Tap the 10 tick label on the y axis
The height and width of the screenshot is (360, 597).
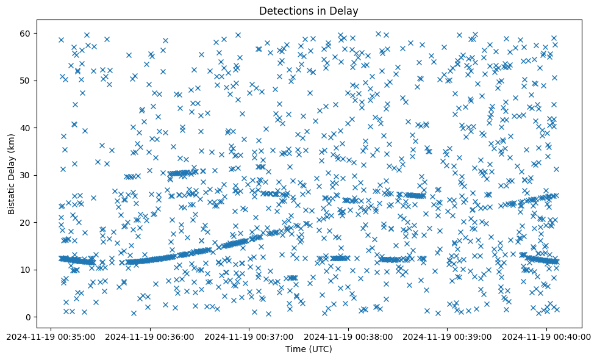26,270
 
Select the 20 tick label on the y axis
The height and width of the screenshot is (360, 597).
26,223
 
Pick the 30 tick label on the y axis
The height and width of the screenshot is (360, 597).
26,175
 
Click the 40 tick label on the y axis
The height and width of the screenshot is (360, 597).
26,128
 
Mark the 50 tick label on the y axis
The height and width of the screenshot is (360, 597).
26,81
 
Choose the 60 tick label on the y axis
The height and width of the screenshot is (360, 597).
26,33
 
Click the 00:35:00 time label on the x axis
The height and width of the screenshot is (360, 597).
51,336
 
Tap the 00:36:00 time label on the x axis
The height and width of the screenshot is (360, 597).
150,336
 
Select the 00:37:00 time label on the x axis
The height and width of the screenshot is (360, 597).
249,336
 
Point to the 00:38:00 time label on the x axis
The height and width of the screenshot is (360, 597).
349,336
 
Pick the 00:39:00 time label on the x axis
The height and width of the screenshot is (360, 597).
448,336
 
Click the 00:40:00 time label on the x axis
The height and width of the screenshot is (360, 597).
547,336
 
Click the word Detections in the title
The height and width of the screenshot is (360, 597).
285,10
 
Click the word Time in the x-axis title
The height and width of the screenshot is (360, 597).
296,349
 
